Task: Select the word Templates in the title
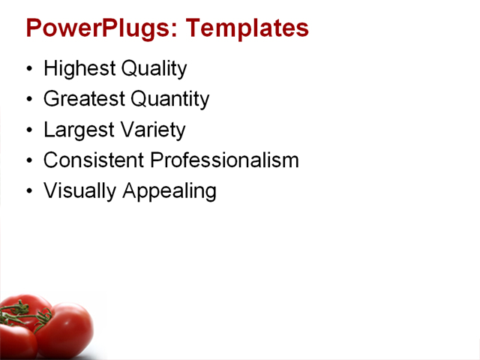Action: (247, 28)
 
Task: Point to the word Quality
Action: (154, 69)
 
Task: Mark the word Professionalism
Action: (225, 160)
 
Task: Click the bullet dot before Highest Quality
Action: (29, 70)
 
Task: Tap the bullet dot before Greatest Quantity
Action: (29, 100)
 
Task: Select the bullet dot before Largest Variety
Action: (29, 130)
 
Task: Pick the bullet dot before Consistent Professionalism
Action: (29, 160)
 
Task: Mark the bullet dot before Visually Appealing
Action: (29, 191)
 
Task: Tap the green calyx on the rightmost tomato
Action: (43, 318)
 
